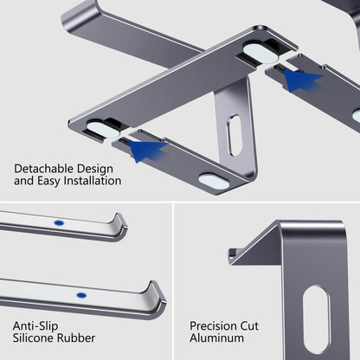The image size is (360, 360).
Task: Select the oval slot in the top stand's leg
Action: (235, 135)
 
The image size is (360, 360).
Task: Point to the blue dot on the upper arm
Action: (58, 222)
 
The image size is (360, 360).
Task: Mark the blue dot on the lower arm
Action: (80, 294)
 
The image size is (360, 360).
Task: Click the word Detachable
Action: (44, 169)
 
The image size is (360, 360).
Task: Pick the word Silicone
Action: (36, 339)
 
